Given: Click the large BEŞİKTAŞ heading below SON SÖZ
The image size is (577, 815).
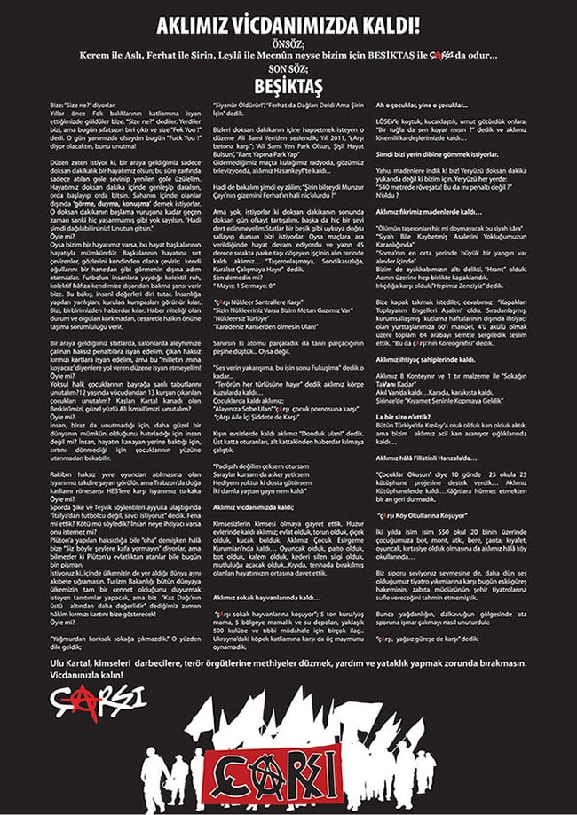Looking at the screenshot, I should (x=288, y=86).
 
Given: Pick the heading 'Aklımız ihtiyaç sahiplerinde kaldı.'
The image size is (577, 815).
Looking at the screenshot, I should (x=424, y=360).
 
